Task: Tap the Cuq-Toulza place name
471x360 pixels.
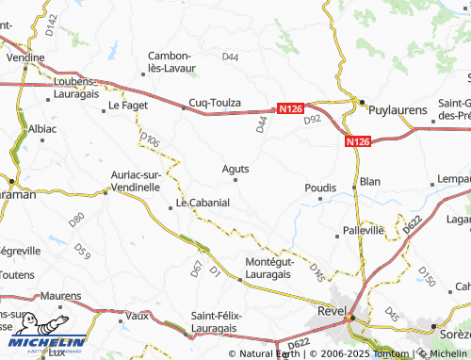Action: [x=216, y=102]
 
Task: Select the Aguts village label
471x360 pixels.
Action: [x=235, y=169]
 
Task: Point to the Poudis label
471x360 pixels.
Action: [x=320, y=188]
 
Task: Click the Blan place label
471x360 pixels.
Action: [x=370, y=180]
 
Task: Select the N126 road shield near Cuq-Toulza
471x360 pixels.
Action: [x=290, y=109]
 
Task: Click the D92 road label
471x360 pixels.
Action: [x=313, y=119]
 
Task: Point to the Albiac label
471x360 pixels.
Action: [x=42, y=127]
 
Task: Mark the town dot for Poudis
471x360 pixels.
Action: [x=320, y=199]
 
